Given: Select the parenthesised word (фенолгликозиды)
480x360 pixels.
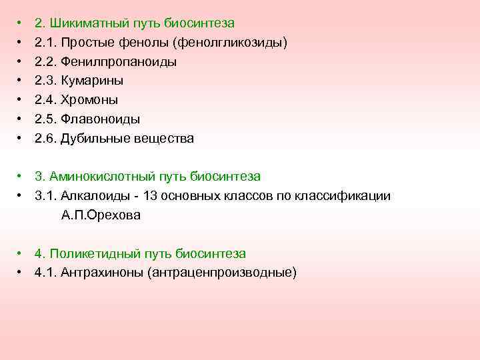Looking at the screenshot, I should click(230, 43).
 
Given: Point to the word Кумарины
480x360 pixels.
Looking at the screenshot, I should click(92, 81).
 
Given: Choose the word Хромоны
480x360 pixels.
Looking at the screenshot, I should click(89, 100).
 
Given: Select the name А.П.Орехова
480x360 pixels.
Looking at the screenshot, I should click(101, 215).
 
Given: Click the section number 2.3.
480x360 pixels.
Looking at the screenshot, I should click(45, 81).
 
